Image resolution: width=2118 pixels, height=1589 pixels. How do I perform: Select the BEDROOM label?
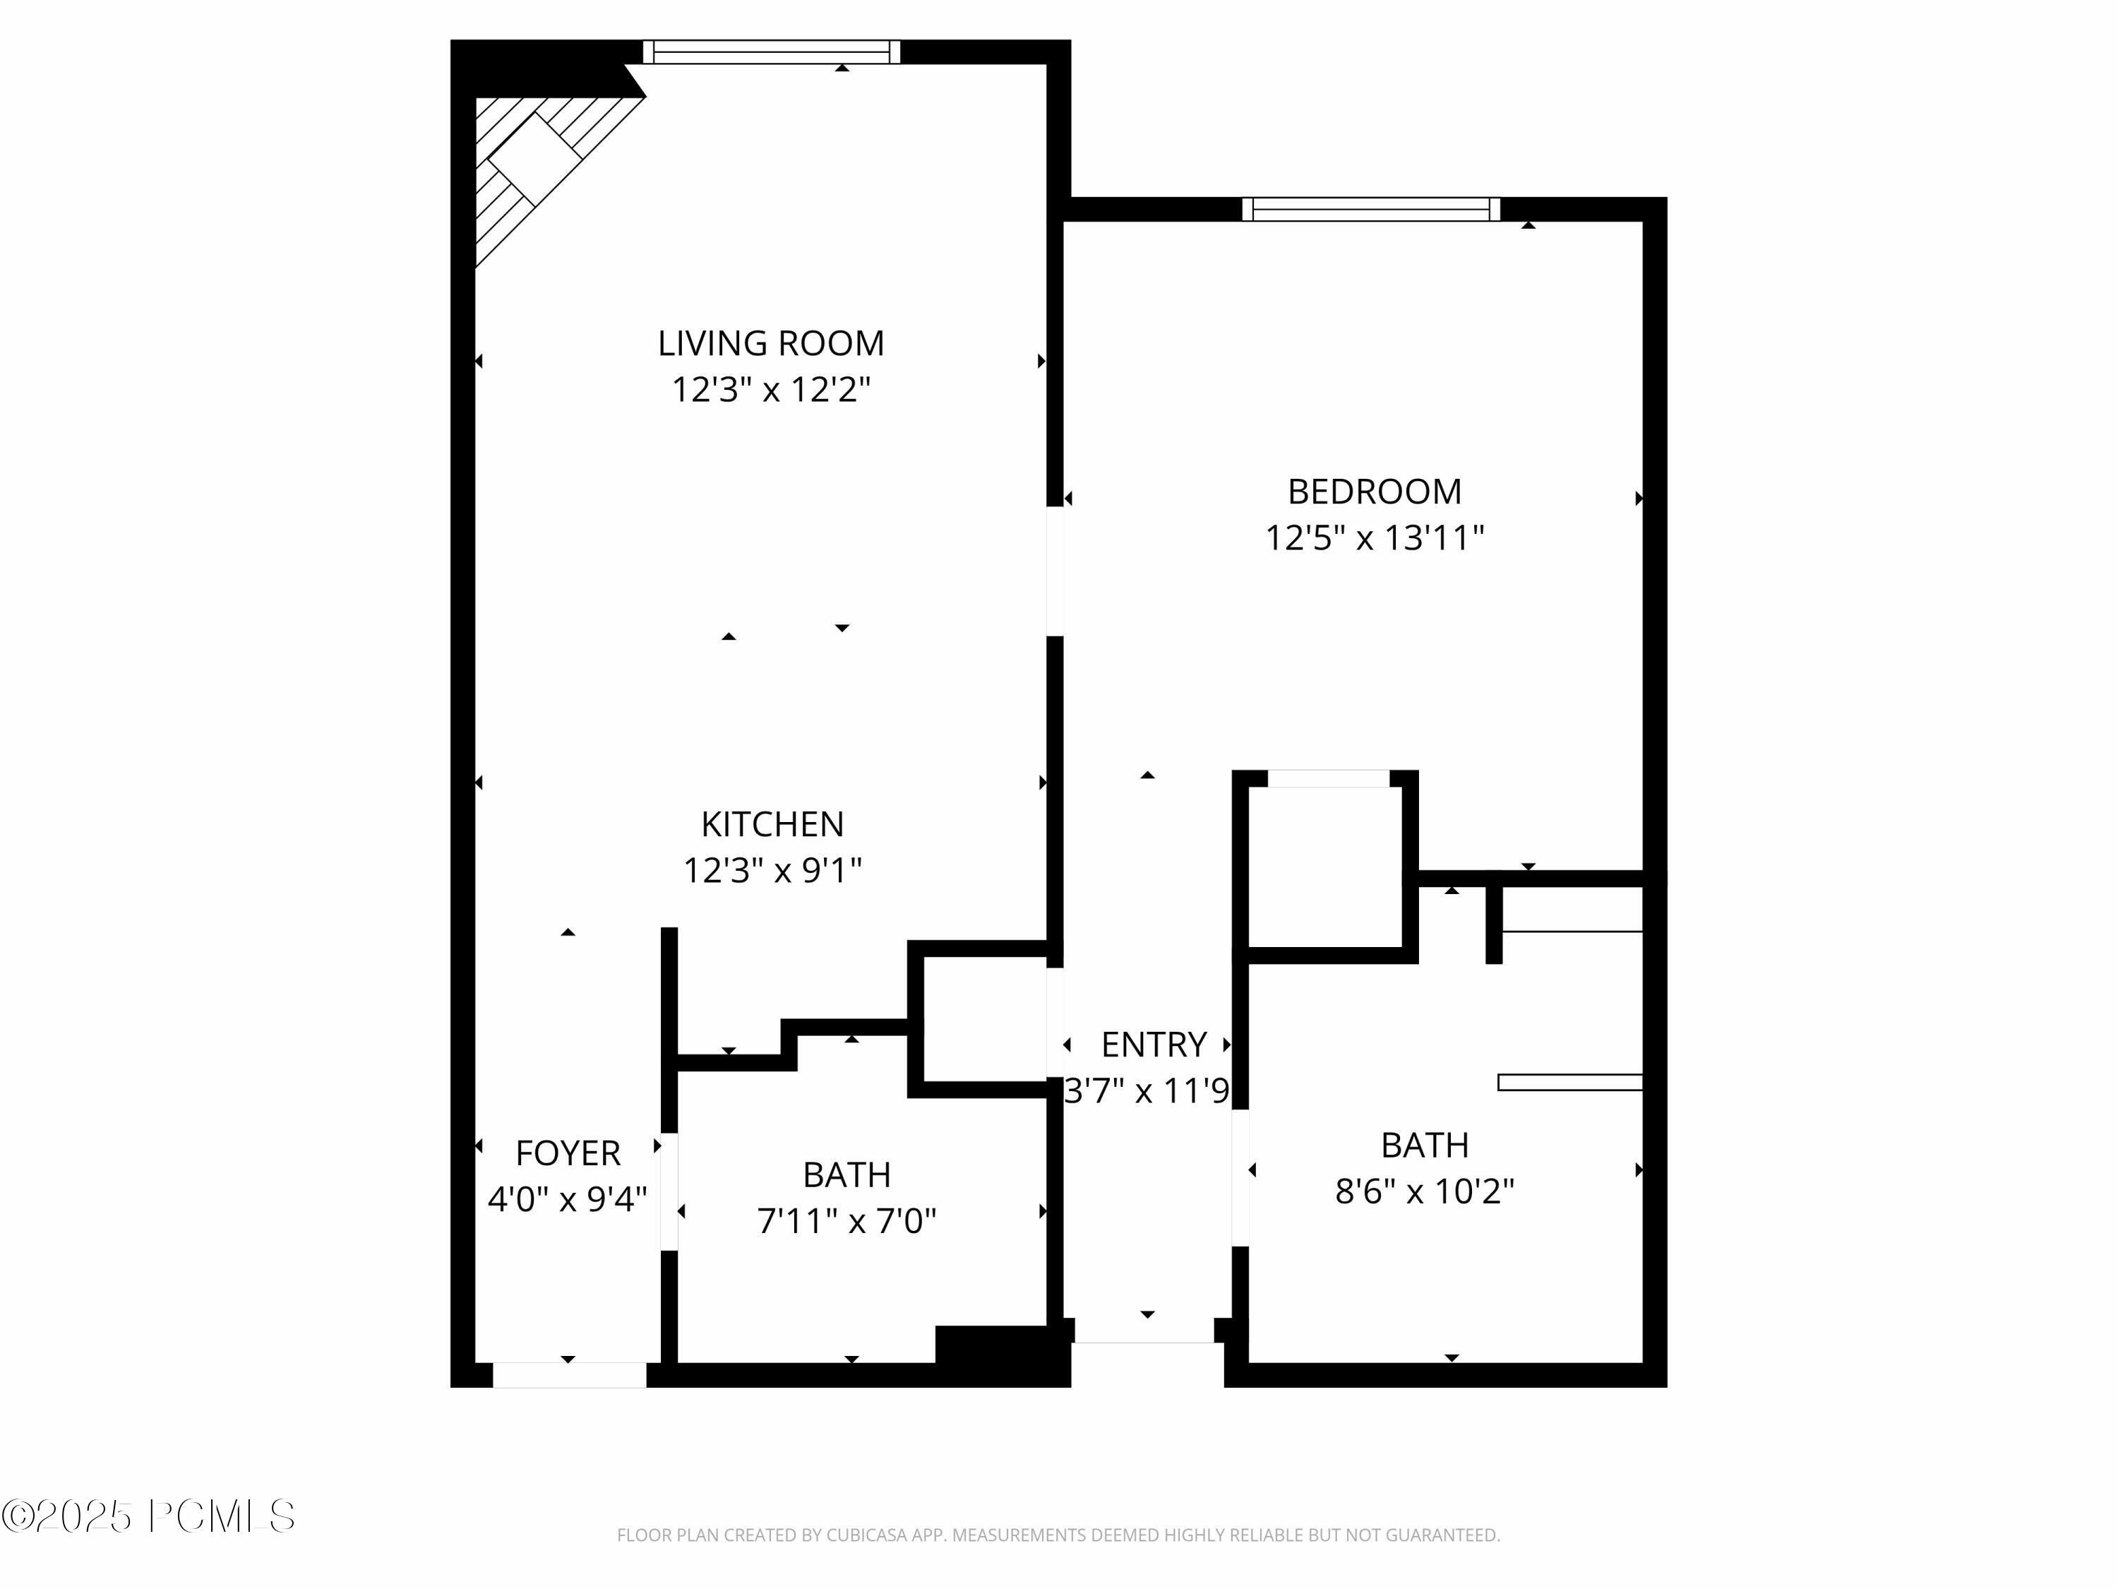pyautogui.click(x=1374, y=492)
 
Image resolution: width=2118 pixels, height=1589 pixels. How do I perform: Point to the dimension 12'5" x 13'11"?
pyautogui.click(x=1374, y=537)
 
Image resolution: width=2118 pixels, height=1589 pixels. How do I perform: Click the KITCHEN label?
pyautogui.click(x=772, y=823)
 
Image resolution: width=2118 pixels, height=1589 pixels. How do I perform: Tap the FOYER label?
pyautogui.click(x=568, y=1153)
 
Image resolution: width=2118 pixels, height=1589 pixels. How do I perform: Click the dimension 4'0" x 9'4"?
pyautogui.click(x=568, y=1199)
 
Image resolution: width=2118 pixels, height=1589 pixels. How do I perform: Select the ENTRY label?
pyautogui.click(x=1153, y=1044)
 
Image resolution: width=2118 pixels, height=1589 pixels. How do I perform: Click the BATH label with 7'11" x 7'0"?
pyautogui.click(x=846, y=1174)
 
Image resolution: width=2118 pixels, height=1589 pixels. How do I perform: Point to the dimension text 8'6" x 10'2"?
pyautogui.click(x=1425, y=1191)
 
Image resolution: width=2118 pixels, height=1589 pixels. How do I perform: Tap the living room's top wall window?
pyautogui.click(x=771, y=52)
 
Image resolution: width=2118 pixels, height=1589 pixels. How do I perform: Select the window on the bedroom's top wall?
pyautogui.click(x=1370, y=209)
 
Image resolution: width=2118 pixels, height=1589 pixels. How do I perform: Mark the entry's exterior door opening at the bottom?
pyautogui.click(x=1145, y=1331)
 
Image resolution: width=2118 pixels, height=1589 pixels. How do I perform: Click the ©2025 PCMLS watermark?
pyautogui.click(x=148, y=1516)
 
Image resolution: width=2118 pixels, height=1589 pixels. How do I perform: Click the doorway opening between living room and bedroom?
pyautogui.click(x=1055, y=571)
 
